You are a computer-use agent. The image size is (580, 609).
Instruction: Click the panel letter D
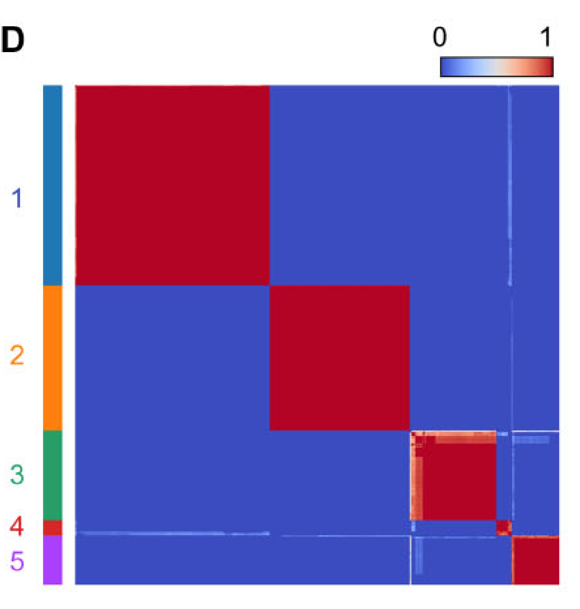pos(13,40)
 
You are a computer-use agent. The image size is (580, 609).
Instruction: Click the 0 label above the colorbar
pos(440,37)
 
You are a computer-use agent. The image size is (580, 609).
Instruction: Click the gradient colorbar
pos(497,67)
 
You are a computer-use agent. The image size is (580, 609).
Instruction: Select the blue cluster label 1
pos(17,198)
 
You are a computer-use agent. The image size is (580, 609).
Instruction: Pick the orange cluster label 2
pos(17,355)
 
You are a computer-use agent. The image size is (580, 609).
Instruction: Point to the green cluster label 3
pos(17,475)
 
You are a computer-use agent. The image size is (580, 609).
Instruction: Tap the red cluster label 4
pos(17,527)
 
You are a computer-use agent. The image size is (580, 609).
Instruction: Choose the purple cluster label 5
pos(17,561)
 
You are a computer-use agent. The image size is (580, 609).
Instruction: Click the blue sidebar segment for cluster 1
pos(53,185)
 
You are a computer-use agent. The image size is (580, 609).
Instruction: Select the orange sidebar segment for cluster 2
pos(53,358)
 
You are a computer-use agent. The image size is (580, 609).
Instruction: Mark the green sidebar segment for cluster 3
pos(53,475)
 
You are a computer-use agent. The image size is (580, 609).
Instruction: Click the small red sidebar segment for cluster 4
pos(53,528)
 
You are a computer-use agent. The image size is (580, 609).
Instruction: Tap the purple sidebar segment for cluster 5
pos(53,560)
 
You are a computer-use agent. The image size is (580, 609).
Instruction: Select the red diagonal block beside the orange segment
pos(340,358)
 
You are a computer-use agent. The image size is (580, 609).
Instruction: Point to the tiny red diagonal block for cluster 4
pos(503,527)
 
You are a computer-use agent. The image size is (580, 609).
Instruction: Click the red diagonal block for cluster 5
pos(536,561)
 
